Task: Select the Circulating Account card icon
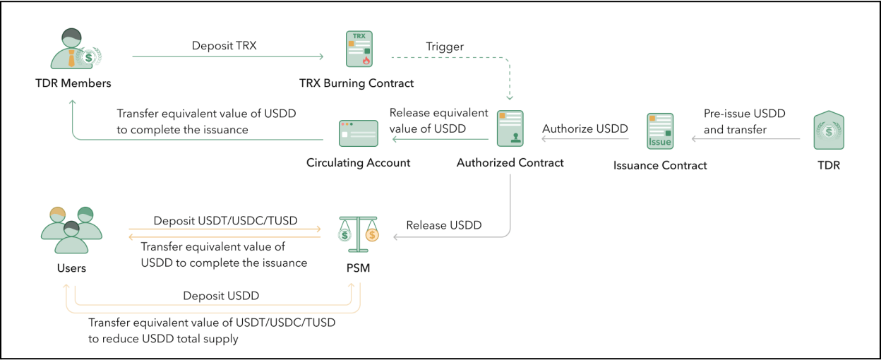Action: coord(358,133)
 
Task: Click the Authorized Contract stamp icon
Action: coord(510,128)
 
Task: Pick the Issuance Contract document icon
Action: coord(660,131)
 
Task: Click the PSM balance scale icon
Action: coord(358,234)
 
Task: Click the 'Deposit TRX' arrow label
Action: coord(224,45)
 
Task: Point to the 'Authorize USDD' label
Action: coord(585,128)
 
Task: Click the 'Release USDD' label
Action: coord(443,225)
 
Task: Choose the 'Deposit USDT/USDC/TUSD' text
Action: coord(225,221)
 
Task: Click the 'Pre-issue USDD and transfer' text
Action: coord(744,121)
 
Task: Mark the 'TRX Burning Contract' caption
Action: coord(356,83)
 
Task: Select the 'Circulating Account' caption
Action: coord(358,163)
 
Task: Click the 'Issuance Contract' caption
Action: coord(660,166)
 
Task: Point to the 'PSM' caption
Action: coord(357,268)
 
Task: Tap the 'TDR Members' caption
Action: coord(73,83)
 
